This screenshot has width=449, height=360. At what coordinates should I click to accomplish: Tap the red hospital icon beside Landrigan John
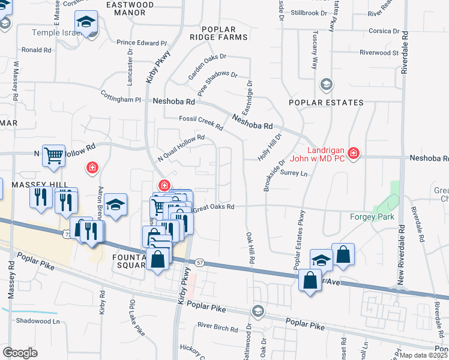[x=354, y=154]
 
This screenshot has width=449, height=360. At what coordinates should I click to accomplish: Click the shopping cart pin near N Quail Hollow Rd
[x=53, y=157]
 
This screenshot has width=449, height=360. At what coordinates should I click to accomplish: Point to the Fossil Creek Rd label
[x=201, y=123]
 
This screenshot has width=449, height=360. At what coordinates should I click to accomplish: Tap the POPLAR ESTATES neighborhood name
[x=326, y=103]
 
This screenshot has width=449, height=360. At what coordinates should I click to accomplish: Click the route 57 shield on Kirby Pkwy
[x=199, y=263]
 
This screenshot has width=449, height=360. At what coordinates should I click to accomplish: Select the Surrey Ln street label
[x=294, y=173]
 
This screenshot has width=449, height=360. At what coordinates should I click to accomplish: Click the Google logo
[x=20, y=352]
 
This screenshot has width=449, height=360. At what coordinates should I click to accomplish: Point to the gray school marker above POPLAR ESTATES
[x=326, y=83]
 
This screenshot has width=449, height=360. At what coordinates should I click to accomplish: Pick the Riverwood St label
[x=379, y=53]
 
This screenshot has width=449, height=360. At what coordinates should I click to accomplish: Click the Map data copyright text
[x=424, y=355]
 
